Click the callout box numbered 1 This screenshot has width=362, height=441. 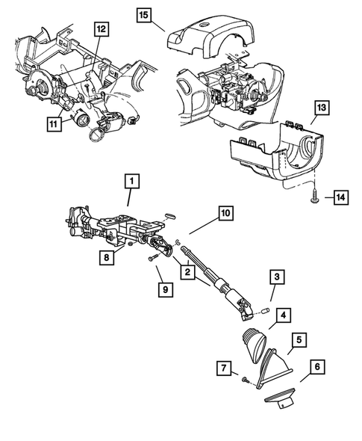click(x=131, y=180)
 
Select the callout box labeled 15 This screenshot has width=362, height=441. click(x=143, y=13)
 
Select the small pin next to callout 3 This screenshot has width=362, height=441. click(x=265, y=309)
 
